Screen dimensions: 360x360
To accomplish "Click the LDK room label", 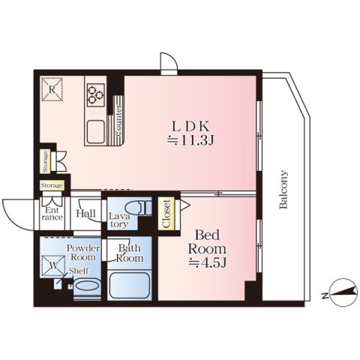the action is [190, 127].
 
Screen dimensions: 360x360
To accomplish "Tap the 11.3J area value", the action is [190, 141].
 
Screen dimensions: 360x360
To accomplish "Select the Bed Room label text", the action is [207, 241].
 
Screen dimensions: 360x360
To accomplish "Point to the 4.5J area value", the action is [208, 262].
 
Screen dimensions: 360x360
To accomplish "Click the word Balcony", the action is [283, 189].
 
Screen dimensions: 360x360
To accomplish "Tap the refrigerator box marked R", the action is [52, 89].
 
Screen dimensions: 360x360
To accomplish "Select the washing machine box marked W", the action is [53, 266].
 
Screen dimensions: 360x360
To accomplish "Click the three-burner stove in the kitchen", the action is [96, 94].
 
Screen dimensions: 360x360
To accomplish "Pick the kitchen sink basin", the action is [96, 132].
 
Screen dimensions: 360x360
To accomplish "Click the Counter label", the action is [119, 121].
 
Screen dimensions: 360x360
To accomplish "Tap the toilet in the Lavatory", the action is [137, 208].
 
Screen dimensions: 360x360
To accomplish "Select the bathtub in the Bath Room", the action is [129, 285].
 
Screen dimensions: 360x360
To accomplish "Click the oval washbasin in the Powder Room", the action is [87, 285].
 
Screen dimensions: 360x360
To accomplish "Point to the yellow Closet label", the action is [166, 214].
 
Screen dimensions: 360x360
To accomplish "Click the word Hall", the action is [85, 213].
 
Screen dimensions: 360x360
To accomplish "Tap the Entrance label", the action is [52, 214].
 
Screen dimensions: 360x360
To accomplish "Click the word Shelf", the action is [79, 271].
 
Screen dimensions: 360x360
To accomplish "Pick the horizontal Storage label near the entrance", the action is [52, 185].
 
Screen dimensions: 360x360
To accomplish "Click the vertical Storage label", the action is [45, 161].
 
